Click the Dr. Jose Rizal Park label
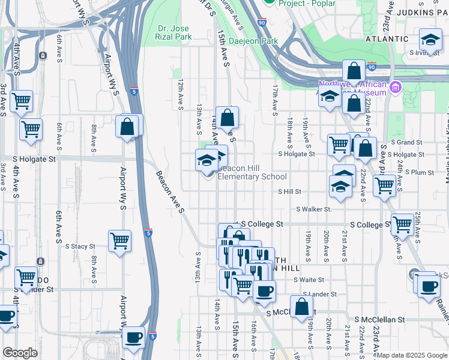pyautogui.click(x=175, y=32)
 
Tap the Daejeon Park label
pyautogui.click(x=258, y=41)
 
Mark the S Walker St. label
pyautogui.click(x=313, y=209)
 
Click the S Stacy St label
pyautogui.click(x=79, y=246)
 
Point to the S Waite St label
pyautogui.click(x=309, y=280)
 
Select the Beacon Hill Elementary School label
pyautogui.click(x=252, y=172)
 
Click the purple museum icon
pyautogui.click(x=395, y=89)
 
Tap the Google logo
pyautogui.click(x=20, y=353)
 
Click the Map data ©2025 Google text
pyautogui.click(x=412, y=355)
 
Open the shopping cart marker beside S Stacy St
pyautogui.click(x=120, y=241)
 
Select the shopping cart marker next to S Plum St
pyautogui.click(x=384, y=185)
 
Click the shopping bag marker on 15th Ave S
pyautogui.click(x=228, y=118)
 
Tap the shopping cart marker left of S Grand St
pyautogui.click(x=339, y=144)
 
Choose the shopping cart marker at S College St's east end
pyautogui.click(x=402, y=224)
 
